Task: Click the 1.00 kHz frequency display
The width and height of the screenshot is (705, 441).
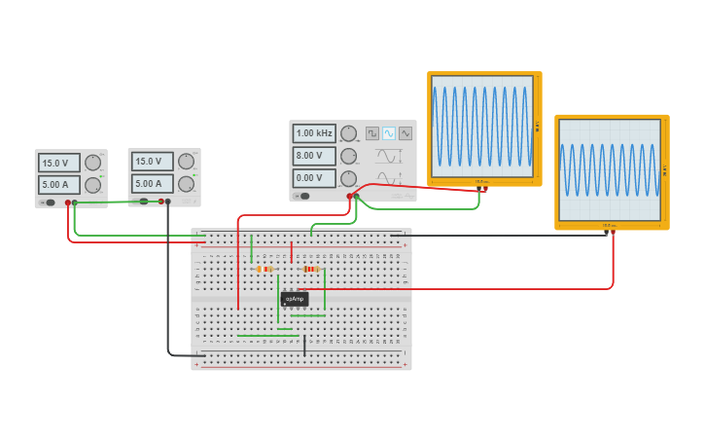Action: click(x=314, y=133)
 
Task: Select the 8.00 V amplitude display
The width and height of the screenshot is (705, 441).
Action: click(x=314, y=156)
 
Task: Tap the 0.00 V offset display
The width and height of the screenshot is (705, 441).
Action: click(x=314, y=178)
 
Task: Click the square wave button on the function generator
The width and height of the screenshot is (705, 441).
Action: click(x=372, y=133)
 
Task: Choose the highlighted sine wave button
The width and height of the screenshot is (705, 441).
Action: click(x=389, y=133)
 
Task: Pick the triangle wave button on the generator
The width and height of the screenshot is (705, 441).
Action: click(x=405, y=133)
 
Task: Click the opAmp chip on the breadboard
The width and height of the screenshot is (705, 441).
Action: click(x=295, y=299)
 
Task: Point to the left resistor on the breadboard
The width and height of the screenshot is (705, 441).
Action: click(x=264, y=269)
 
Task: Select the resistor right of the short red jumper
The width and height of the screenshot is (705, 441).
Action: click(x=311, y=269)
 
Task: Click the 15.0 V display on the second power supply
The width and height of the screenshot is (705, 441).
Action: click(x=151, y=162)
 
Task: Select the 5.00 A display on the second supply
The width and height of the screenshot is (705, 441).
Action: click(x=151, y=184)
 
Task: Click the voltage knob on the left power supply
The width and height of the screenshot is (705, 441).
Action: click(x=93, y=163)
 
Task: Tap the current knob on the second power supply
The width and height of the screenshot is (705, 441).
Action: click(x=187, y=183)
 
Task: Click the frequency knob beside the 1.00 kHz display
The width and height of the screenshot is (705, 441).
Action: click(x=348, y=133)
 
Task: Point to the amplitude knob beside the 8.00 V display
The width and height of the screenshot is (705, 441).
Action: click(x=348, y=156)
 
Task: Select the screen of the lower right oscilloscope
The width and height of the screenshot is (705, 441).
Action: click(x=610, y=170)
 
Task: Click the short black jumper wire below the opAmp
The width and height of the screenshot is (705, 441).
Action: click(x=304, y=345)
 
